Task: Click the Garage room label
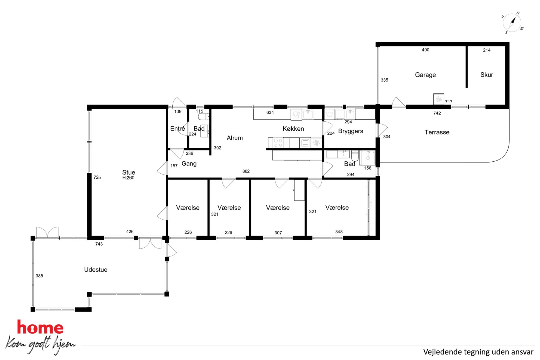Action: [425, 75]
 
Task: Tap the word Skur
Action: [487, 75]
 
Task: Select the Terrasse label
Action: [437, 132]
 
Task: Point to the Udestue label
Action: [96, 270]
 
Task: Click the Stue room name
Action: [129, 172]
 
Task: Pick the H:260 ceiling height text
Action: [128, 178]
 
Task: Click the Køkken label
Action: [293, 129]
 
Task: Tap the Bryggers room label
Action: [351, 131]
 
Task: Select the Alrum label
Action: [235, 138]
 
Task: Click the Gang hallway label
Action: [189, 164]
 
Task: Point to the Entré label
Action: [177, 128]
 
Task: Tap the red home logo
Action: [40, 327]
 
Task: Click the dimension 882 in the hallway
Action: [246, 171]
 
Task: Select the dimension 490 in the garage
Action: [425, 50]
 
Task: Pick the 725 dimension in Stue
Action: [97, 177]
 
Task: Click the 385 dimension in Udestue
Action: [39, 276]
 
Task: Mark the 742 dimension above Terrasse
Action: [437, 113]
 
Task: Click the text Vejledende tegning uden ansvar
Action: [478, 352]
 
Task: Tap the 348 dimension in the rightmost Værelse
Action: [339, 232]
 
